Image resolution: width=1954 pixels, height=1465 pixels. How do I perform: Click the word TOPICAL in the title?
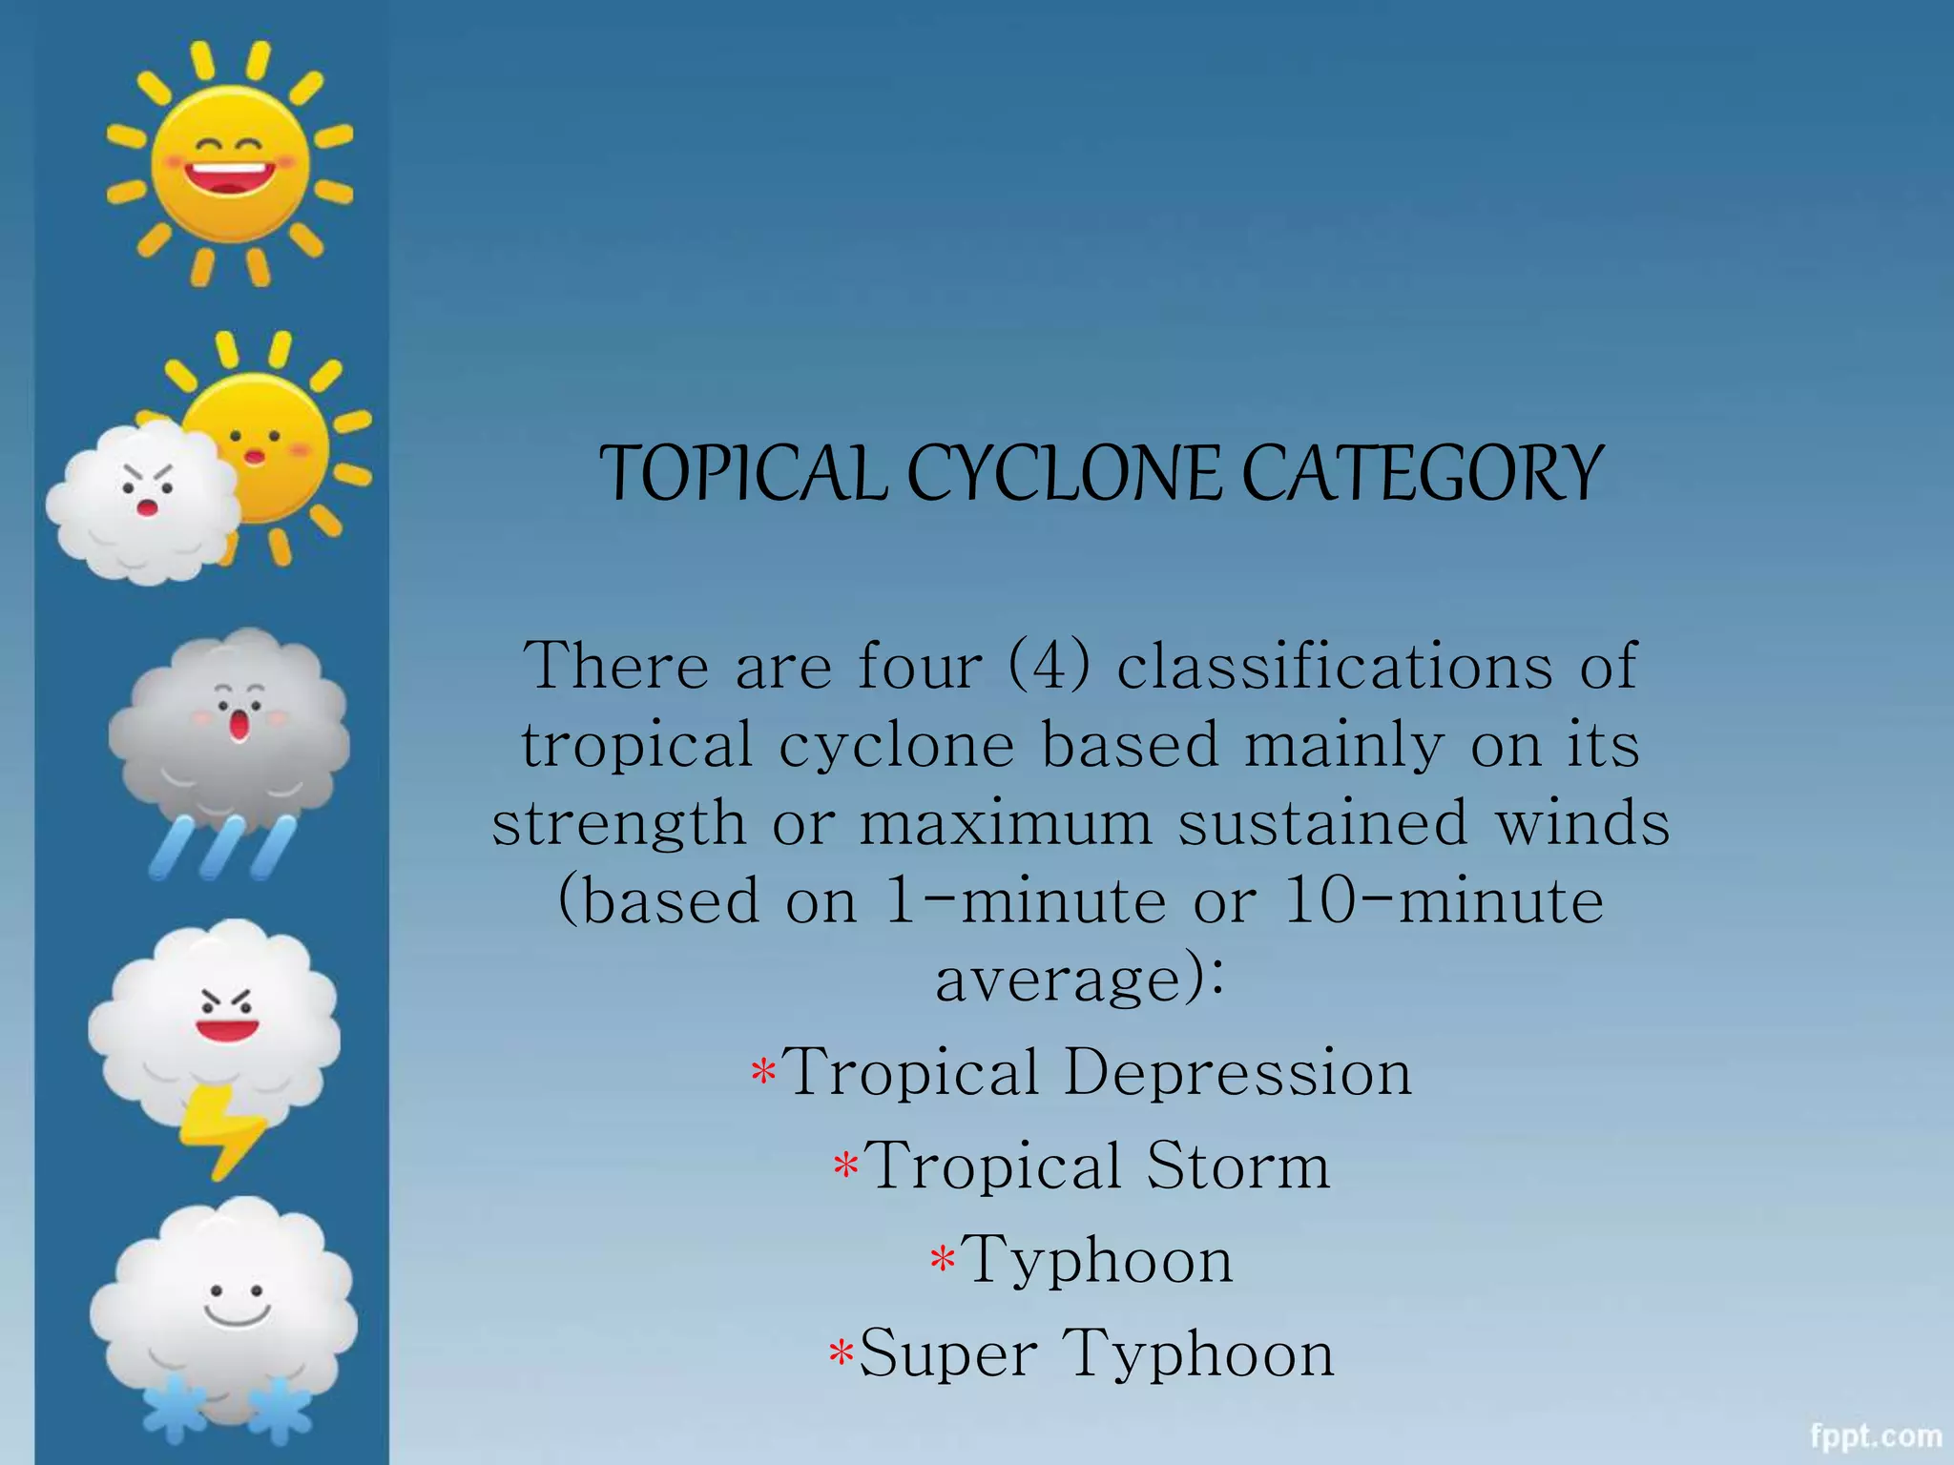pyautogui.click(x=743, y=473)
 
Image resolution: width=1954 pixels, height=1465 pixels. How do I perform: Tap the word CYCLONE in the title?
pyautogui.click(x=1063, y=473)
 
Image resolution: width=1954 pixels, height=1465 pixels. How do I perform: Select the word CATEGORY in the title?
pyautogui.click(x=1422, y=473)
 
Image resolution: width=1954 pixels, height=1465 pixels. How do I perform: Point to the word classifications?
pyautogui.click(x=1335, y=665)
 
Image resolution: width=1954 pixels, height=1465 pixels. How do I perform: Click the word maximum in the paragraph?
pyautogui.click(x=1006, y=822)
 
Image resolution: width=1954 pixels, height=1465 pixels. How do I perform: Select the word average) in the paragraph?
pyautogui.click(x=1078, y=980)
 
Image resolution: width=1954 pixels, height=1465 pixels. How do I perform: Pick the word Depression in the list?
pyautogui.click(x=1237, y=1072)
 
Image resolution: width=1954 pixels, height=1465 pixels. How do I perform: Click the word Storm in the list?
pyautogui.click(x=1238, y=1166)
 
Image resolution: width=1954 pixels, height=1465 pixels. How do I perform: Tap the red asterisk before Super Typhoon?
pyautogui.click(x=841, y=1353)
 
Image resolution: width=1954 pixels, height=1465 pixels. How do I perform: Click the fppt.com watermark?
pyautogui.click(x=1875, y=1436)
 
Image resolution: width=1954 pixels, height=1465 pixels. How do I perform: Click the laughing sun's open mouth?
pyautogui.click(x=229, y=178)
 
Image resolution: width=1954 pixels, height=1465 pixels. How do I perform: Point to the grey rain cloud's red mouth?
pyautogui.click(x=239, y=727)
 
